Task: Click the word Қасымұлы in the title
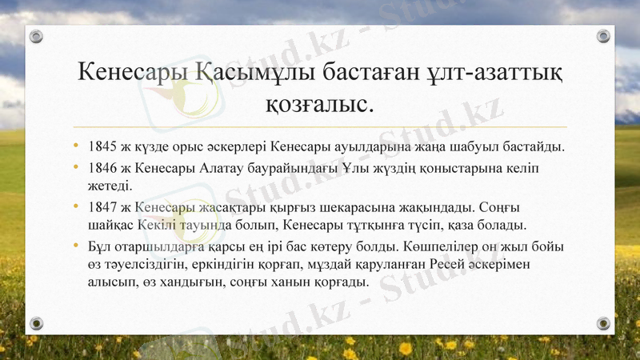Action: click(245, 72)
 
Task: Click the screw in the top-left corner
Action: click(37, 37)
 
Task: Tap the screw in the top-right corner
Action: click(603, 37)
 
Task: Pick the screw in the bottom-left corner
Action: click(37, 323)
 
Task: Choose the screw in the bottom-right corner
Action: click(603, 323)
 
